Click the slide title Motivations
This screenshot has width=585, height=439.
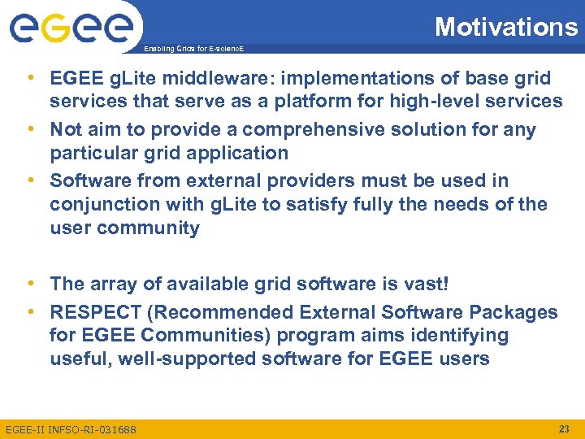point(505,27)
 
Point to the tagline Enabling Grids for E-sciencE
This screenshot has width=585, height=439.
point(193,50)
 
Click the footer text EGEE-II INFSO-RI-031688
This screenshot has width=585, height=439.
point(71,429)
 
